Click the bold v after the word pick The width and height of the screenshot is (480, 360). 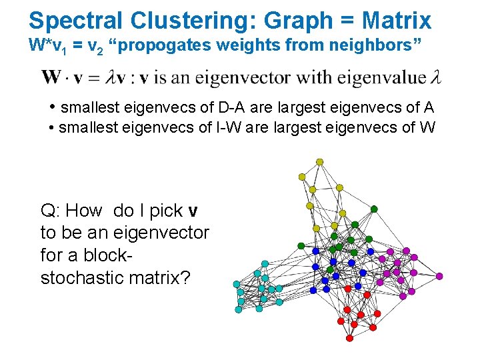[x=193, y=211]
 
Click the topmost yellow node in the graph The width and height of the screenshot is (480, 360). [x=320, y=162]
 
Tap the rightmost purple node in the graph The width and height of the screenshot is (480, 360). [x=439, y=276]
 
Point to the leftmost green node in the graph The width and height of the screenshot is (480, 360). [x=301, y=245]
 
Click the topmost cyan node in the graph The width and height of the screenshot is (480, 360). [x=265, y=264]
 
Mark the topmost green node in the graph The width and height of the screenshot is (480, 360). [x=374, y=209]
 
